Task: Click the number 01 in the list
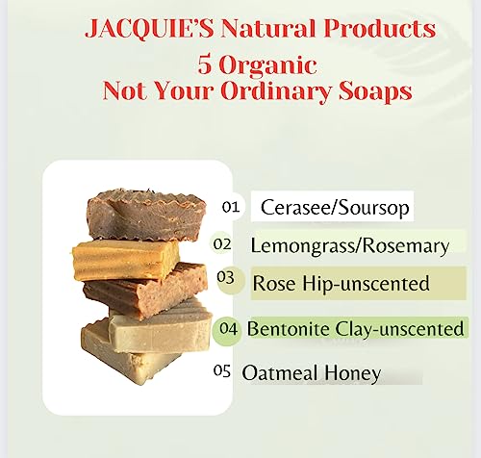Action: (x=230, y=207)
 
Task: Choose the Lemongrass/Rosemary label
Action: (x=349, y=245)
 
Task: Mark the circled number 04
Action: (x=228, y=328)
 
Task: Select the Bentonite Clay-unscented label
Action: (x=355, y=328)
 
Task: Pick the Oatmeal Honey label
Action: (x=311, y=372)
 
